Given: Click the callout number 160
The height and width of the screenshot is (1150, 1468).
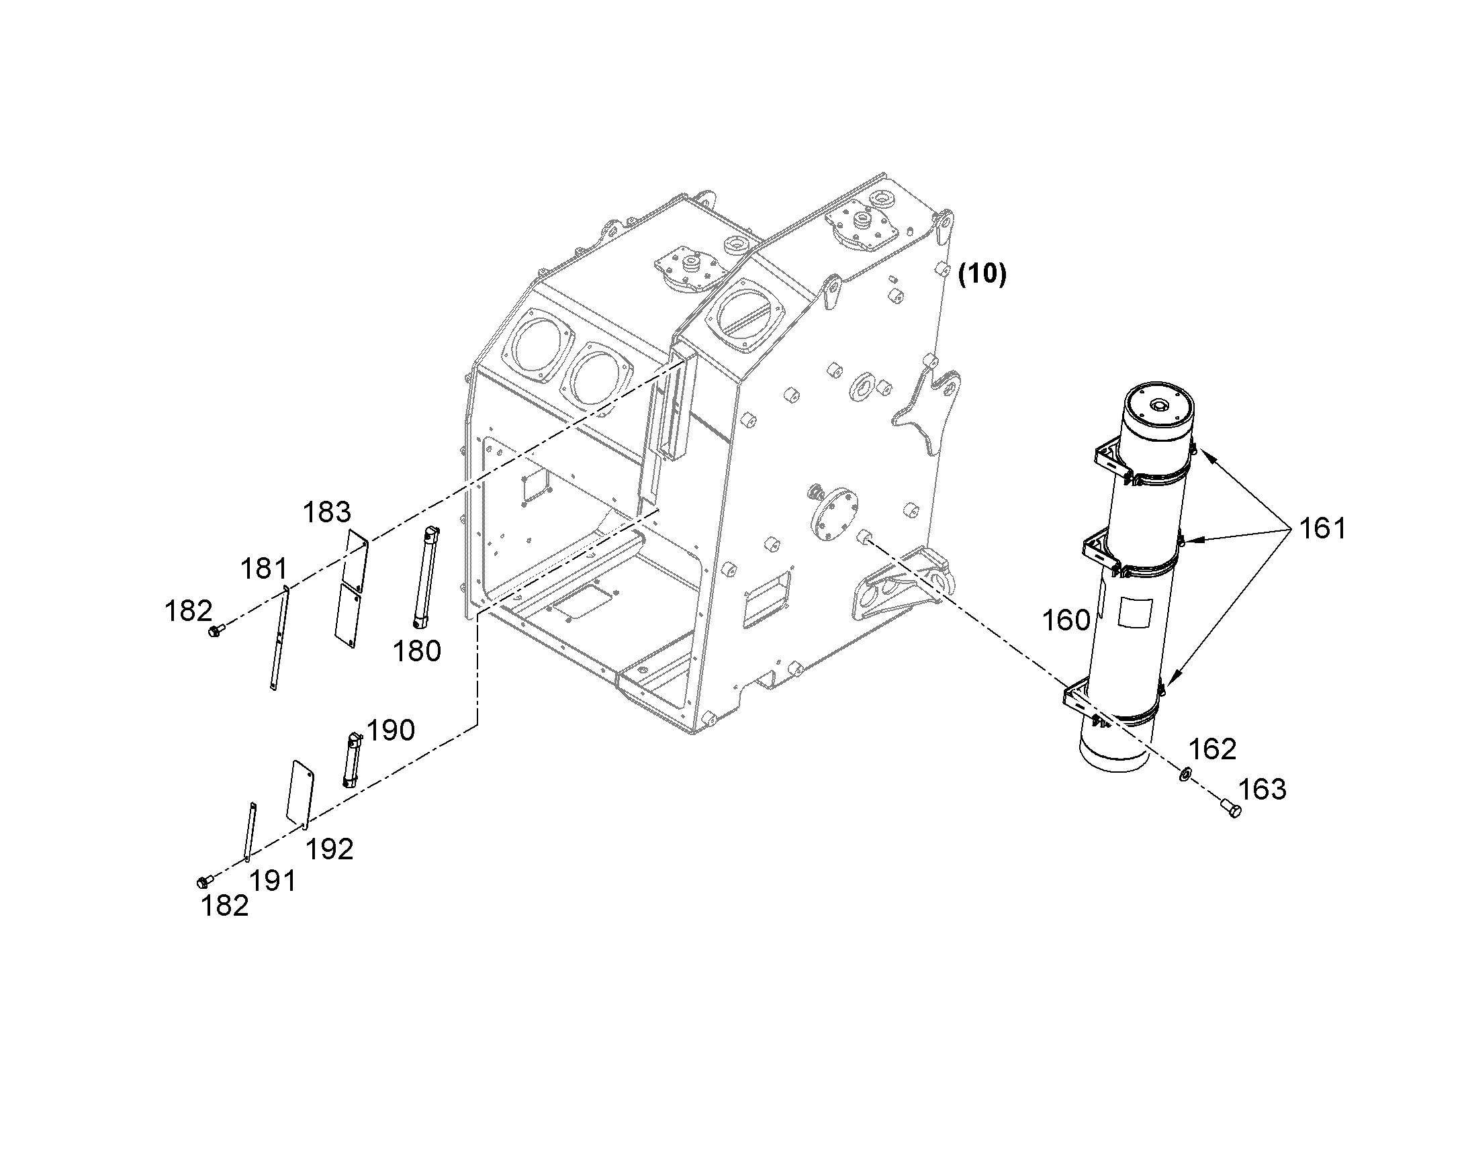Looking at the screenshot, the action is pyautogui.click(x=1066, y=620).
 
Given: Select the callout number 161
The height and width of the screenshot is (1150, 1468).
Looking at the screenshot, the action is pyautogui.click(x=1322, y=528).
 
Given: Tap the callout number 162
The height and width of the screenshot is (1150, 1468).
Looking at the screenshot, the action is pyautogui.click(x=1212, y=749).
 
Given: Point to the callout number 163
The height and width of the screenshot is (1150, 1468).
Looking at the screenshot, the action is pyautogui.click(x=1263, y=789).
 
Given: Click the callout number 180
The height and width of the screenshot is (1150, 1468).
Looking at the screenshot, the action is pyautogui.click(x=417, y=651).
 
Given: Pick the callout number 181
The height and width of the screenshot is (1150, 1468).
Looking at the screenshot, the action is pyautogui.click(x=264, y=569).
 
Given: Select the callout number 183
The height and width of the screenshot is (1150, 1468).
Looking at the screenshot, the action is pyautogui.click(x=326, y=512).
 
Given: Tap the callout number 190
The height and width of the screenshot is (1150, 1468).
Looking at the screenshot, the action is pyautogui.click(x=391, y=730).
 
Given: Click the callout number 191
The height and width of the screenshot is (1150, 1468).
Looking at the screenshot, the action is pyautogui.click(x=273, y=881).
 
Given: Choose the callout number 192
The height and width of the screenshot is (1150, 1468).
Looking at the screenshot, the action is pyautogui.click(x=329, y=850).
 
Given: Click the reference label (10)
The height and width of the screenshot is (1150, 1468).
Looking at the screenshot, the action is pyautogui.click(x=982, y=274).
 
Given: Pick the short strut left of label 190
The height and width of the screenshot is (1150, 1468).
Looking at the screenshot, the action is pyautogui.click(x=353, y=759).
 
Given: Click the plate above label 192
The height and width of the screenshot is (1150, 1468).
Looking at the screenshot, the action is pyautogui.click(x=301, y=794).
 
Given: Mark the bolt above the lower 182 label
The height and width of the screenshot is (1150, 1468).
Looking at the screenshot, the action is pyautogui.click(x=205, y=881).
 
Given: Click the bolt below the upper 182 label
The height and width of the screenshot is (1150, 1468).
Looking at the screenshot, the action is pyautogui.click(x=216, y=630).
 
